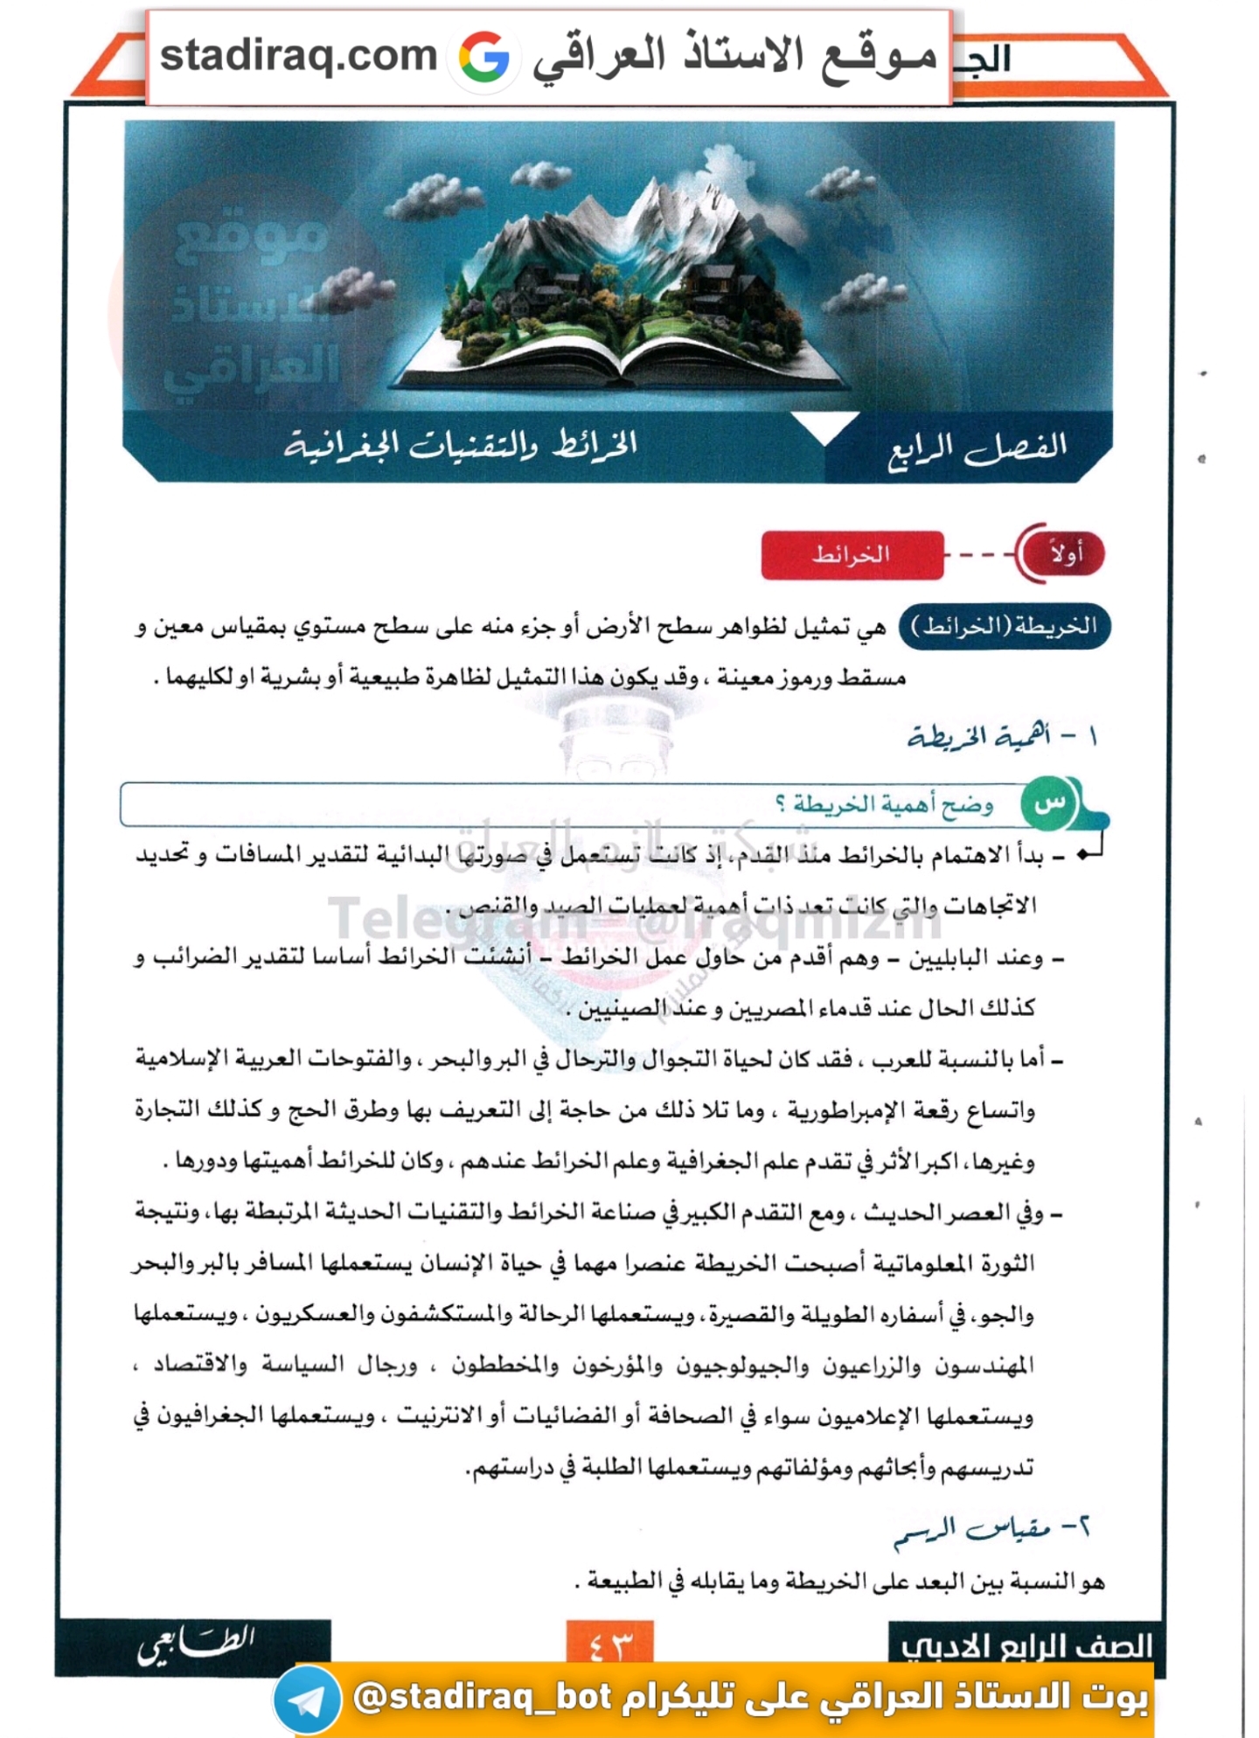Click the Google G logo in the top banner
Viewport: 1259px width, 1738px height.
484,58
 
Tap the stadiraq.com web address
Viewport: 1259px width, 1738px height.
298,56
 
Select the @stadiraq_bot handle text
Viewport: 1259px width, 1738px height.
483,1697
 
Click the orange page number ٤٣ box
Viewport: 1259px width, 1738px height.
609,1642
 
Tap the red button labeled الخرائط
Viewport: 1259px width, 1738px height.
852,554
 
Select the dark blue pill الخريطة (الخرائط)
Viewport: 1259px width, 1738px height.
1005,626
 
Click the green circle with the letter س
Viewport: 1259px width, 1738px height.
1049,803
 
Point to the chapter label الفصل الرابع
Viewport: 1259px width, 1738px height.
977,448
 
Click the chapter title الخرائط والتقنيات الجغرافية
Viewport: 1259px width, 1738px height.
461,445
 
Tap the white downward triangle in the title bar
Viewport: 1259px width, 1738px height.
824,427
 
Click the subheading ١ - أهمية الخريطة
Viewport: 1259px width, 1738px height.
1002,737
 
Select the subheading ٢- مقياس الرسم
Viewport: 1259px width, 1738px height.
992,1529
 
